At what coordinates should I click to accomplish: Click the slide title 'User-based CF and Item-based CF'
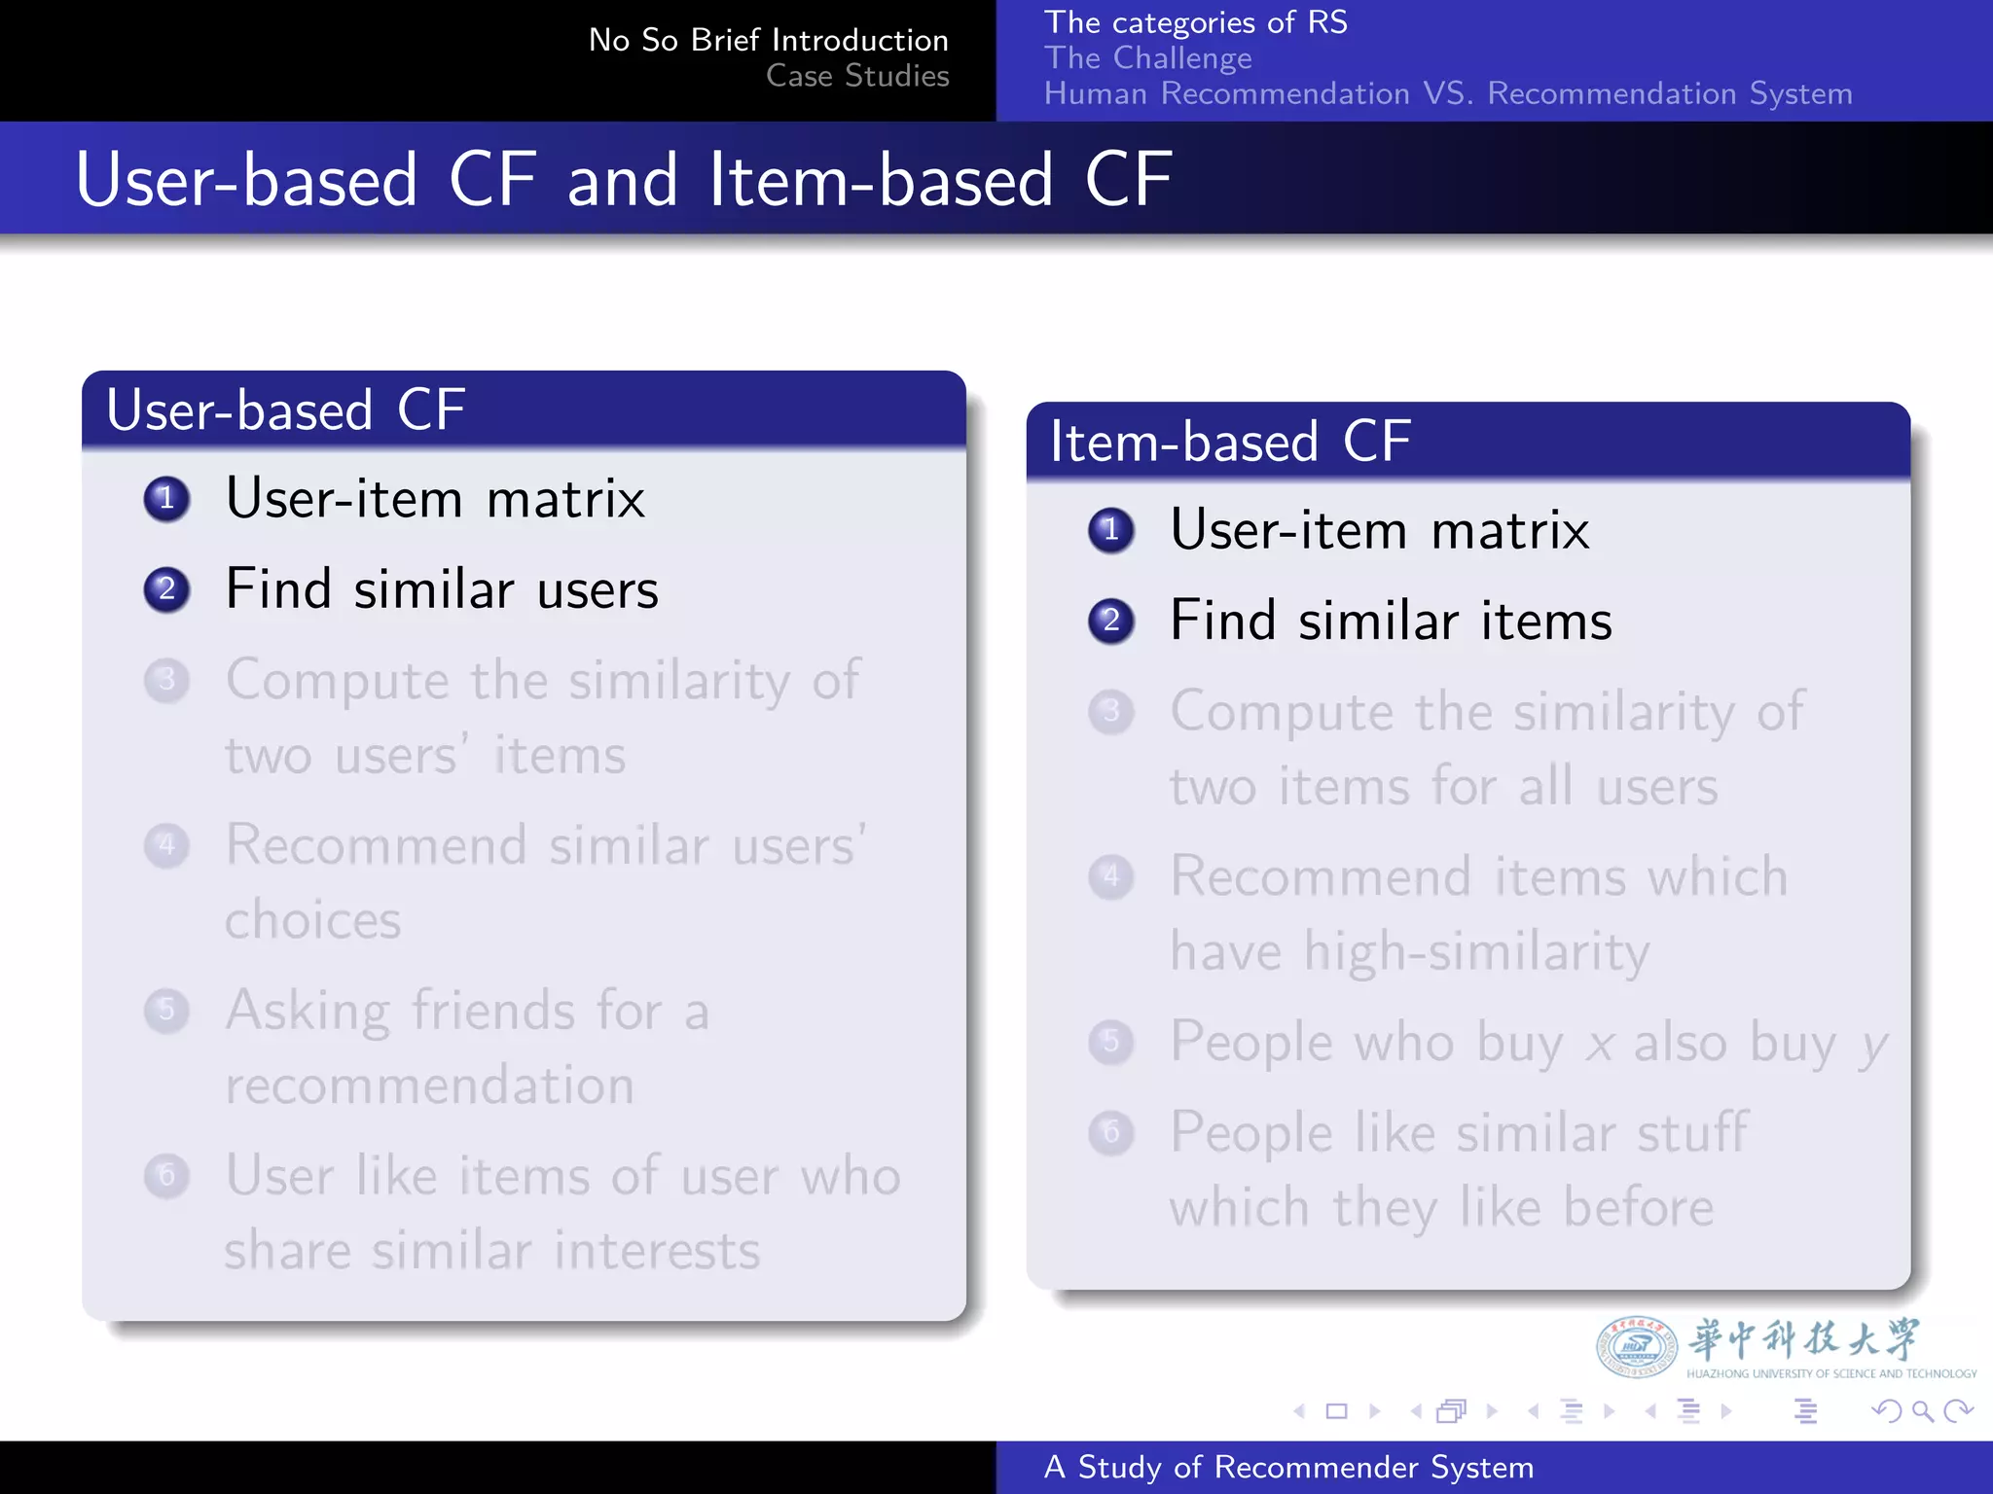click(624, 180)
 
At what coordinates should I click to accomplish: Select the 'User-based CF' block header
click(285, 409)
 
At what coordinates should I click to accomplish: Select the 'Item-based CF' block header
click(1230, 442)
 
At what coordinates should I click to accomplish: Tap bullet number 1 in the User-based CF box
click(166, 499)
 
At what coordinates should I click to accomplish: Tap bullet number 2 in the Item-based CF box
click(1111, 621)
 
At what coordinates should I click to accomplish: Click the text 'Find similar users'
click(442, 589)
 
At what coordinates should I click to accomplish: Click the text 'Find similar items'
click(1391, 621)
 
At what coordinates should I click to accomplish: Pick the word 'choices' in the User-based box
click(312, 920)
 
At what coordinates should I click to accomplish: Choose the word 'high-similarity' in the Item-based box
click(1476, 951)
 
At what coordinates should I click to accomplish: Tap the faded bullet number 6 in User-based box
click(166, 1176)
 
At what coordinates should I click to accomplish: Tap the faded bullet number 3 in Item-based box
click(1111, 712)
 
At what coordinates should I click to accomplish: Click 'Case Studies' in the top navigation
click(857, 76)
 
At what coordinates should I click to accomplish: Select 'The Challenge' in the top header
click(1147, 58)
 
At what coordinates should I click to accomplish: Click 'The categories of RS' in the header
click(1195, 22)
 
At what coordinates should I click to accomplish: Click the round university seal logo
click(1636, 1347)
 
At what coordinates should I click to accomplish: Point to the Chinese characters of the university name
click(1803, 1339)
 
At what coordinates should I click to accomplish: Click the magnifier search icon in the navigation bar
click(1922, 1410)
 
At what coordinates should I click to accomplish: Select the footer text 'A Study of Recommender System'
click(1288, 1467)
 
